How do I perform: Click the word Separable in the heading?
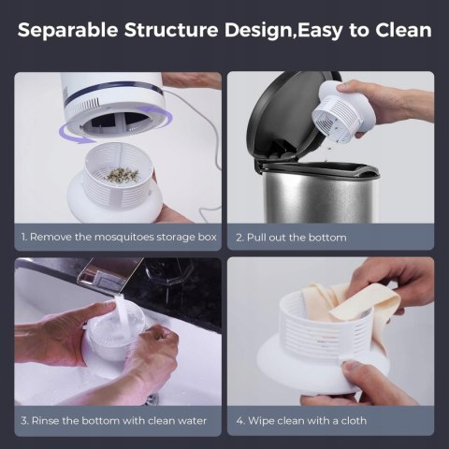click(x=67, y=30)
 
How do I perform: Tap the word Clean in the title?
click(x=403, y=30)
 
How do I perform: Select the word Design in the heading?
click(x=260, y=31)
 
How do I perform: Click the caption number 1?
click(x=23, y=237)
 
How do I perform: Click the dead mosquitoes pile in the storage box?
click(x=123, y=175)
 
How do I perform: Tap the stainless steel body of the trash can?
click(x=318, y=196)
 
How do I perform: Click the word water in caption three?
click(x=192, y=421)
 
